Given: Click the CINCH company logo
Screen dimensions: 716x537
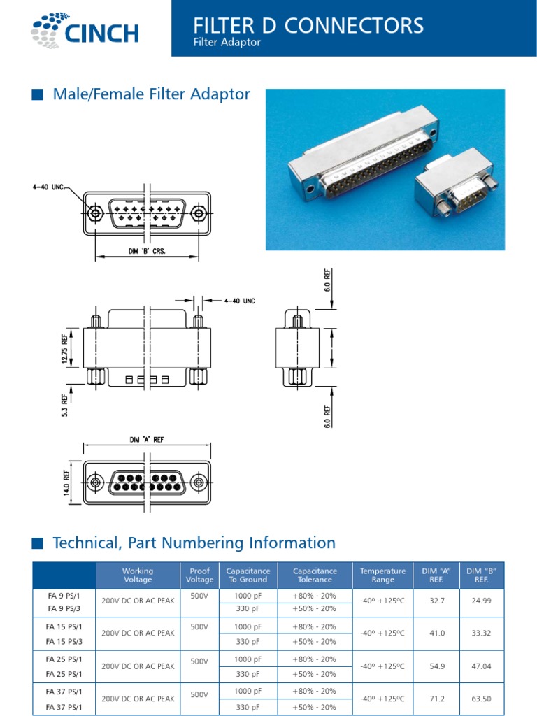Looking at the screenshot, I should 85,31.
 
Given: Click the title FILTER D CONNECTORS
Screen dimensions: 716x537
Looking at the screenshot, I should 308,26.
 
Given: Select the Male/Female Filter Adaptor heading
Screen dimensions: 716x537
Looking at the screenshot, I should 151,94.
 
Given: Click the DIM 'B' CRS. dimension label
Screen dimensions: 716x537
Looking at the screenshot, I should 147,251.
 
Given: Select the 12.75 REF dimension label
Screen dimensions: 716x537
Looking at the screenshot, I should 66,348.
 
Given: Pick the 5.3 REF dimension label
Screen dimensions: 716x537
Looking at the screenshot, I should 66,406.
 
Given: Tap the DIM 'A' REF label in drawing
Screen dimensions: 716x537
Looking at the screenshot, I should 146,440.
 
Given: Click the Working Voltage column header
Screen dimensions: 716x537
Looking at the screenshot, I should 138,575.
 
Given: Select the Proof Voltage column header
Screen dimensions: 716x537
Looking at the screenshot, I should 199,575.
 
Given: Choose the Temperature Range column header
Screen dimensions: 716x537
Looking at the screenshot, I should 382,575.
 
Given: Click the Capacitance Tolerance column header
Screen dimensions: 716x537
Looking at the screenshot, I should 315,575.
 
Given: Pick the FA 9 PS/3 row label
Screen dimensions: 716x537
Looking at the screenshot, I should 64,608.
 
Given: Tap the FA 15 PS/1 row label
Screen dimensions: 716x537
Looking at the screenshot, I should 64,626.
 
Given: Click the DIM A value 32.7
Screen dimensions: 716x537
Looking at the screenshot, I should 438,601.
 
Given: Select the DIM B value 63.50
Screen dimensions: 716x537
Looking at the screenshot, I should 481,699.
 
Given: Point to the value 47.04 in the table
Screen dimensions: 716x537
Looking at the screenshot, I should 481,666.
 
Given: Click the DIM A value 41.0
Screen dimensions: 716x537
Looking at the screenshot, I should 438,633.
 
